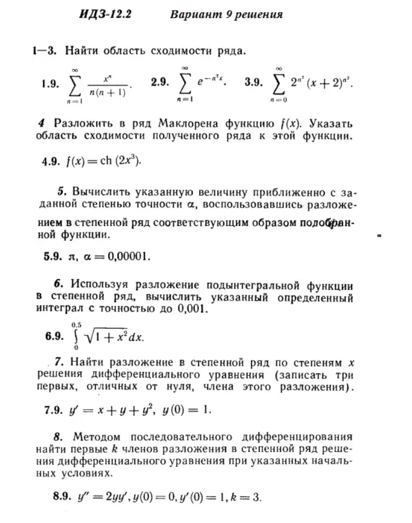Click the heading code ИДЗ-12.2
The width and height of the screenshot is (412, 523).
105,15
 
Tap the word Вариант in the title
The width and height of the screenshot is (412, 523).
194,15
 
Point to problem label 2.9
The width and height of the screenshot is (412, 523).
160,83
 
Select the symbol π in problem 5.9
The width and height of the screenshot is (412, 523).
70,257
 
